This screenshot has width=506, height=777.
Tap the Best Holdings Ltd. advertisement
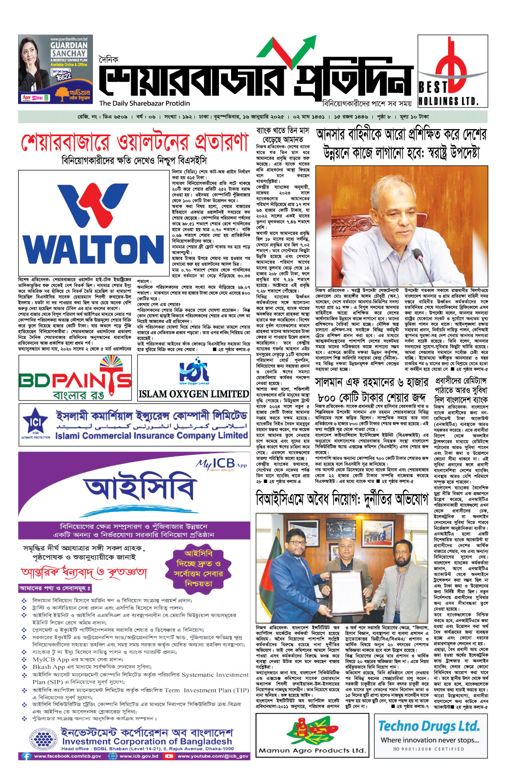pos(452,71)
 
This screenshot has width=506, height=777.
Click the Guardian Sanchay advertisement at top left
pos(55,70)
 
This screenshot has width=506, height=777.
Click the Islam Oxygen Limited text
pos(194,394)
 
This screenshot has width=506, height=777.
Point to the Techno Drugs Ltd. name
pos(429,726)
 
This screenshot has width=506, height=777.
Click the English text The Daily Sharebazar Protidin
pos(145,103)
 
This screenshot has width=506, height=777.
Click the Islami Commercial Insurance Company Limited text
pos(151,436)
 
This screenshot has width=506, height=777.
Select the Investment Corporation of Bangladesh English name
pos(147,741)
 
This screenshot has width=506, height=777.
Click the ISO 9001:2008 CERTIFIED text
pos(428,749)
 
